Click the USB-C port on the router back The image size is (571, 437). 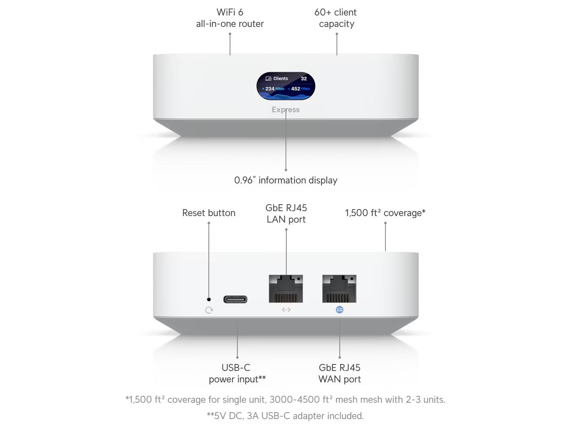click(x=235, y=299)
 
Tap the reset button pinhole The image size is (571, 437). click(x=209, y=299)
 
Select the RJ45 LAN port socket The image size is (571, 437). click(x=285, y=289)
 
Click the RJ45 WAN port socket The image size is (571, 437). click(x=339, y=289)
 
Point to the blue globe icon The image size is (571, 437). click(x=339, y=310)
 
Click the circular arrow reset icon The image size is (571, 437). click(x=209, y=310)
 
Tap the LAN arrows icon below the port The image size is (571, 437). click(x=286, y=310)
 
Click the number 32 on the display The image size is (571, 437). click(x=304, y=79)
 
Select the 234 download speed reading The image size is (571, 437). click(x=270, y=89)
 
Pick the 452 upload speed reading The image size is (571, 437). click(x=296, y=89)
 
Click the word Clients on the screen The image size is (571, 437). click(x=281, y=79)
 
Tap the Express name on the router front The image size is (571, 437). click(x=285, y=110)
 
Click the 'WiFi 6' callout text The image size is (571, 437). click(x=230, y=12)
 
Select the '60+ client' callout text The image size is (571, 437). click(x=335, y=12)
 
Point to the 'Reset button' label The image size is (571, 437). click(x=209, y=213)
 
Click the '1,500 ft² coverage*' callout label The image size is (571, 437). click(x=385, y=213)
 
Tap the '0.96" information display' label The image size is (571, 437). click(x=285, y=180)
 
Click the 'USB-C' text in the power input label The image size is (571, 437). click(x=236, y=368)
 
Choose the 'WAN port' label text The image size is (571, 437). click(x=339, y=379)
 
